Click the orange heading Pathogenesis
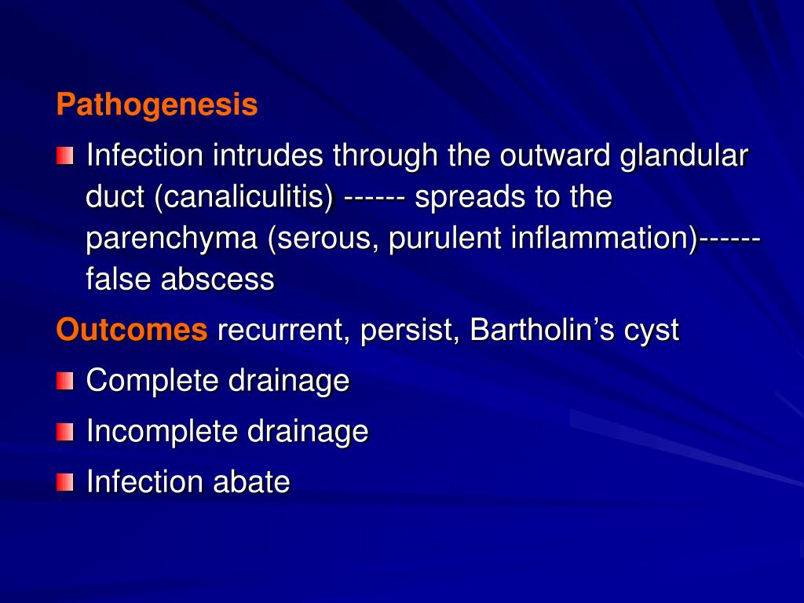pyautogui.click(x=157, y=104)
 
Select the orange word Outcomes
pyautogui.click(x=132, y=331)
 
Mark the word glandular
pyautogui.click(x=684, y=156)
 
